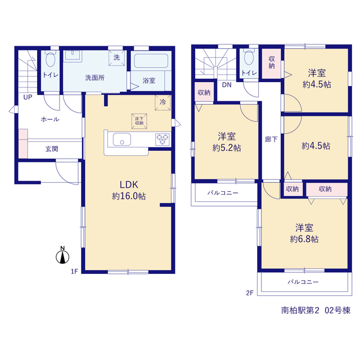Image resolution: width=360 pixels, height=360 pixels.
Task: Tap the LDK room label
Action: [x=129, y=184]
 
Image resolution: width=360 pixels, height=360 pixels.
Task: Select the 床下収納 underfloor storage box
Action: [x=139, y=121]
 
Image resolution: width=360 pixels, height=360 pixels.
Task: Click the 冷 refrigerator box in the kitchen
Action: [x=163, y=102]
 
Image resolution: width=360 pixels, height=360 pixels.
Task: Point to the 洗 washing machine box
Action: [x=116, y=57]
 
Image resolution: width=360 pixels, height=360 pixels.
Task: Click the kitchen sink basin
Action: [x=122, y=139]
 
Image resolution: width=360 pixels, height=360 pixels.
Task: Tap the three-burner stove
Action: [x=163, y=139]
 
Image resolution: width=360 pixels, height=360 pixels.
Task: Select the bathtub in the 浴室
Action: [x=151, y=61]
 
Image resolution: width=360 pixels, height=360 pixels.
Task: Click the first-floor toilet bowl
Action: [x=51, y=58]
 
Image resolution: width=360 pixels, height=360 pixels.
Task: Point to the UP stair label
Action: [x=28, y=97]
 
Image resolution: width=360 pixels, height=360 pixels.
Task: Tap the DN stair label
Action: [x=227, y=85]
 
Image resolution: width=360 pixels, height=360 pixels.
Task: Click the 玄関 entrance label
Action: [x=52, y=149]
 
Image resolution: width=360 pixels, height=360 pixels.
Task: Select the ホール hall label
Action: [x=50, y=119]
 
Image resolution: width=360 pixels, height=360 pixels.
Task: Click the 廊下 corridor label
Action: [x=271, y=139]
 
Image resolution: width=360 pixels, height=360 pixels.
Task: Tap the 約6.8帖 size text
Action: [x=304, y=239]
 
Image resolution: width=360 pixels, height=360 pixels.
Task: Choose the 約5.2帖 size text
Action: [x=227, y=148]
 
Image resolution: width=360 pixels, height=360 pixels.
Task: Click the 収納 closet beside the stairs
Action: [x=204, y=92]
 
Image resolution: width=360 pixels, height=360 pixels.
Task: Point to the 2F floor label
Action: [x=250, y=293]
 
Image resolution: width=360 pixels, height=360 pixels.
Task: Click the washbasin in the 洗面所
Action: [x=73, y=56]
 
